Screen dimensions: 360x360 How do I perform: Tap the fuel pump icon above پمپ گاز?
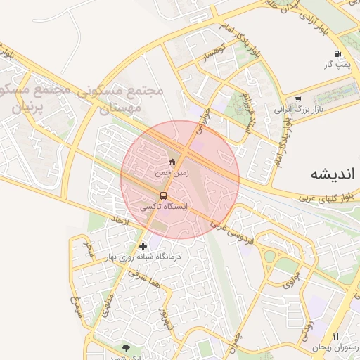pos(338,53)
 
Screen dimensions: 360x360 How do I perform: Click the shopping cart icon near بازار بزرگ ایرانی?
pos(298,99)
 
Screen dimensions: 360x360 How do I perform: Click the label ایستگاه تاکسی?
pos(165,207)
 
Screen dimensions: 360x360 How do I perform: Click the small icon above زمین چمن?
pos(172,160)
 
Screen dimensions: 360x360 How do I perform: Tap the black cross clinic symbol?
pos(143,246)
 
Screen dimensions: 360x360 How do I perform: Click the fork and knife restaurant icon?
pos(335,337)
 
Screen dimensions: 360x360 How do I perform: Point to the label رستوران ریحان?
pos(336,348)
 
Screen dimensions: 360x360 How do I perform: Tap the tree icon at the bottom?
pos(126,347)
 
